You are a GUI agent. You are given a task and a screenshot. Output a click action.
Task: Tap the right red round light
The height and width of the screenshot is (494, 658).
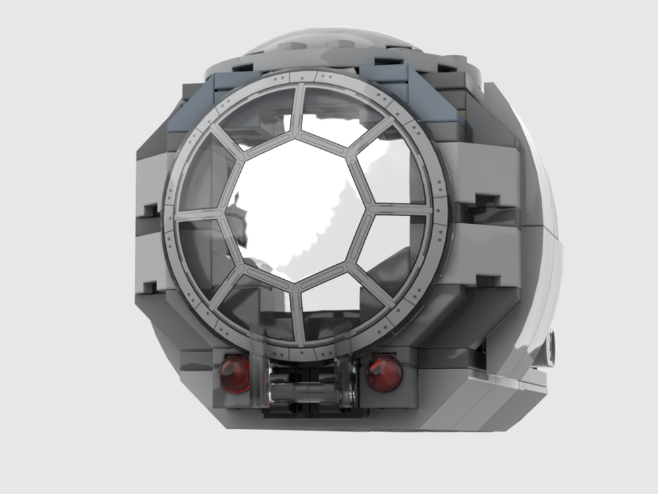[x=384, y=373]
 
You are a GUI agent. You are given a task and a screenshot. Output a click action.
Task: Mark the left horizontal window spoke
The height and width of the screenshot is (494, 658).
[x=201, y=214]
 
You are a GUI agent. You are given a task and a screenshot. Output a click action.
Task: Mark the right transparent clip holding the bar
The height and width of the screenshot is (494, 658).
[x=347, y=382]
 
